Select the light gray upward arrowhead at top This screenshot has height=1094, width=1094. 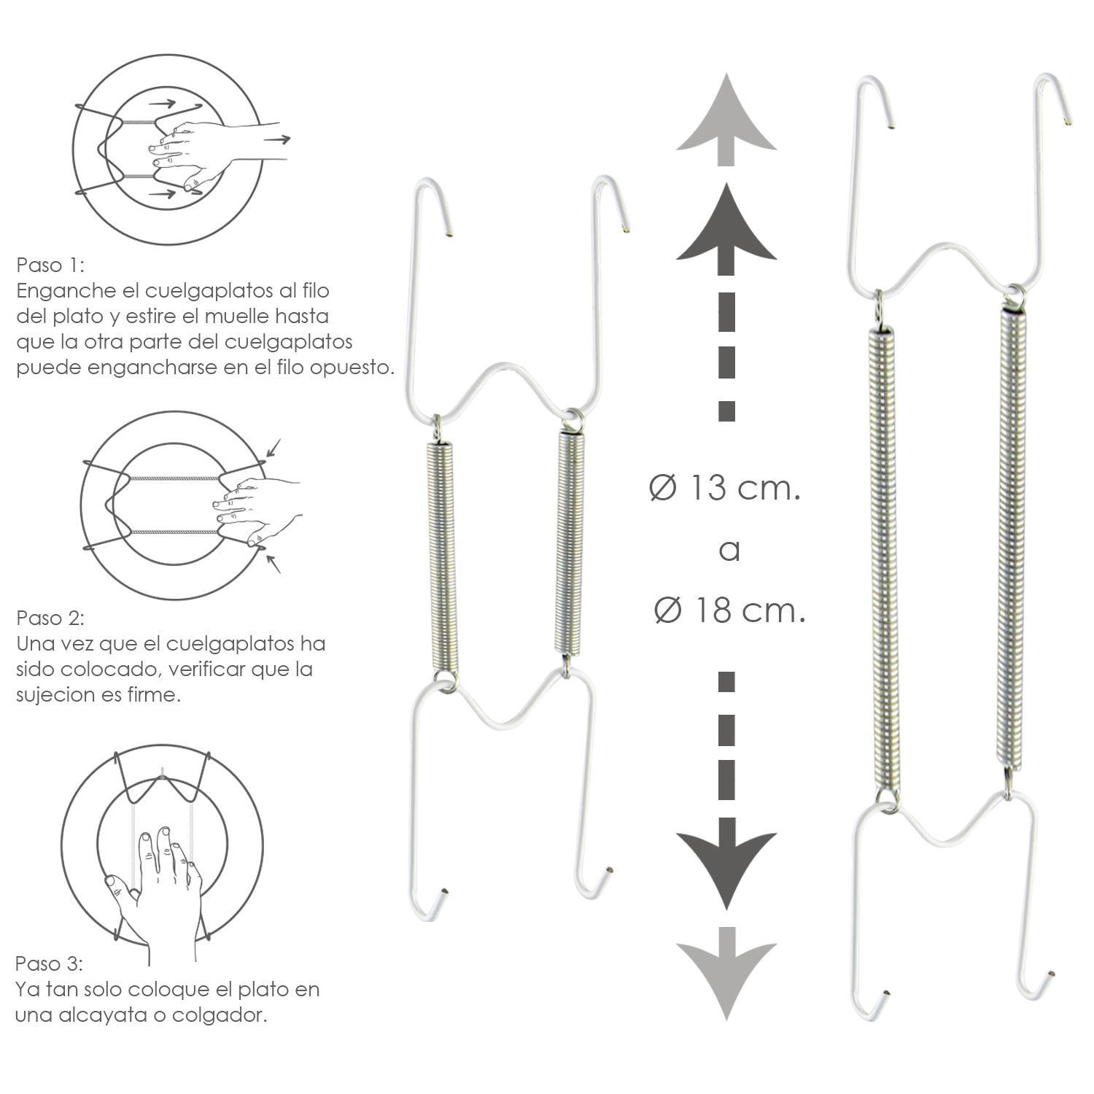point(726,117)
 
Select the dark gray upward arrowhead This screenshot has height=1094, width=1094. point(726,226)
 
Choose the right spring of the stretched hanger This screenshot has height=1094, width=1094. point(1012,536)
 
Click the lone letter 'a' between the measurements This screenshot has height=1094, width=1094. point(729,551)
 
